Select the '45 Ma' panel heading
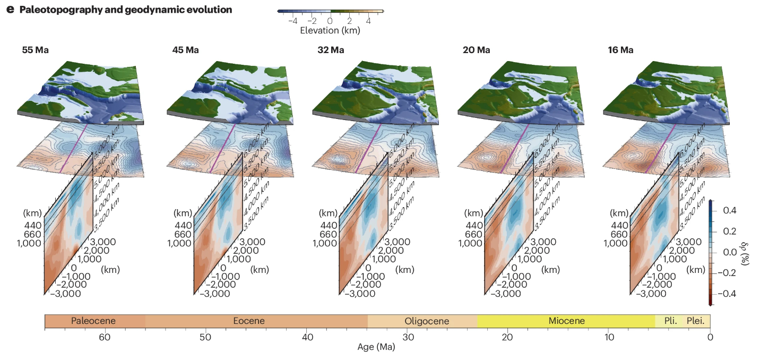185,50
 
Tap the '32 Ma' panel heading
331,50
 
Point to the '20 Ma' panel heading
476,50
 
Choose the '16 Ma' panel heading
620,50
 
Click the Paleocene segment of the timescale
93,321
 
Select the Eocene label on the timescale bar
249,321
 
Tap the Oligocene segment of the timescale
427,321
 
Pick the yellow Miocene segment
567,321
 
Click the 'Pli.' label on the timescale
670,321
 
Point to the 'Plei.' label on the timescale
696,321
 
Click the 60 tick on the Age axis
105,337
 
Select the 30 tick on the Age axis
408,337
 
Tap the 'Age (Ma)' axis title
376,348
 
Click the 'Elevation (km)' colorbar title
330,30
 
